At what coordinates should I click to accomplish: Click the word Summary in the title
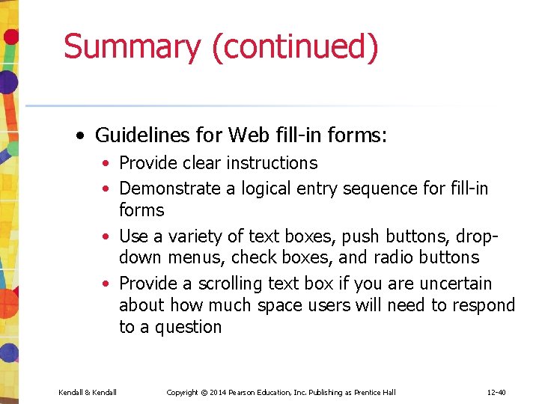click(x=133, y=46)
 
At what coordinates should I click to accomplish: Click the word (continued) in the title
click(x=295, y=47)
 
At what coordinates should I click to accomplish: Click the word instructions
click(x=272, y=163)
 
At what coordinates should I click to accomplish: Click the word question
click(x=188, y=327)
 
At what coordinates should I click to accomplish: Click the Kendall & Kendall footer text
click(x=87, y=393)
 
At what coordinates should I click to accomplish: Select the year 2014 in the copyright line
click(x=219, y=393)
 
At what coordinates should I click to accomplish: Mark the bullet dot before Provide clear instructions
click(x=108, y=164)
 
